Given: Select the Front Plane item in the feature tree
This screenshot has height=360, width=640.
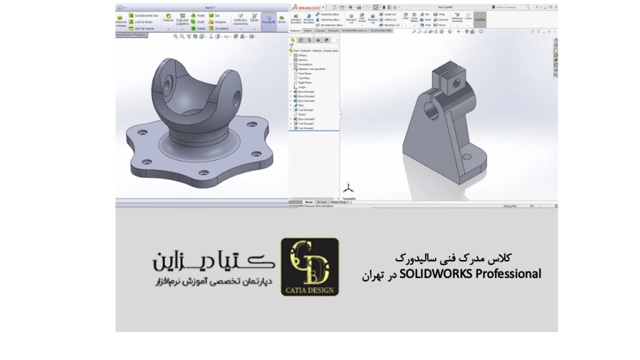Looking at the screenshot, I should [x=304, y=74].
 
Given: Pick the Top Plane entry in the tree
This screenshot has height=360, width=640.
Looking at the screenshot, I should [x=304, y=78].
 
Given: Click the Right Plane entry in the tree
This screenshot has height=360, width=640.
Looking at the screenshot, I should [x=304, y=82].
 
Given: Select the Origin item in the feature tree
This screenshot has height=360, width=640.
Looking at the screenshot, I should [x=302, y=87].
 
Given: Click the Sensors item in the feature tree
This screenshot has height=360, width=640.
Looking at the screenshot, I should [x=302, y=60].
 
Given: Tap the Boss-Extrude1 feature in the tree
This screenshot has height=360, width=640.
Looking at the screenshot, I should [x=306, y=92].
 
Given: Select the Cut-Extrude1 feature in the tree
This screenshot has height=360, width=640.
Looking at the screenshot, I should [x=305, y=110].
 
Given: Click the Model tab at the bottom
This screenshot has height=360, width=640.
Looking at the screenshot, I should [x=308, y=202].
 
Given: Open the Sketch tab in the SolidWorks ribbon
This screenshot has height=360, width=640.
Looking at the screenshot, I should [x=308, y=30].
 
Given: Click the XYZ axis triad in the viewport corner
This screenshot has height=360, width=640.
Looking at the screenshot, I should [x=349, y=187].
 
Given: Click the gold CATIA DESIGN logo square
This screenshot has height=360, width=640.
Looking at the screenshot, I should [x=309, y=267].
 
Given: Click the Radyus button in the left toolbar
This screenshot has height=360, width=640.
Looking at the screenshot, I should [x=168, y=19].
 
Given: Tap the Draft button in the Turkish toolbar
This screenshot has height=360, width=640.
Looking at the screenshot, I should [x=201, y=21].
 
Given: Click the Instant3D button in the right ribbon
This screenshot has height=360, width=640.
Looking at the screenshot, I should [x=479, y=19].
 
